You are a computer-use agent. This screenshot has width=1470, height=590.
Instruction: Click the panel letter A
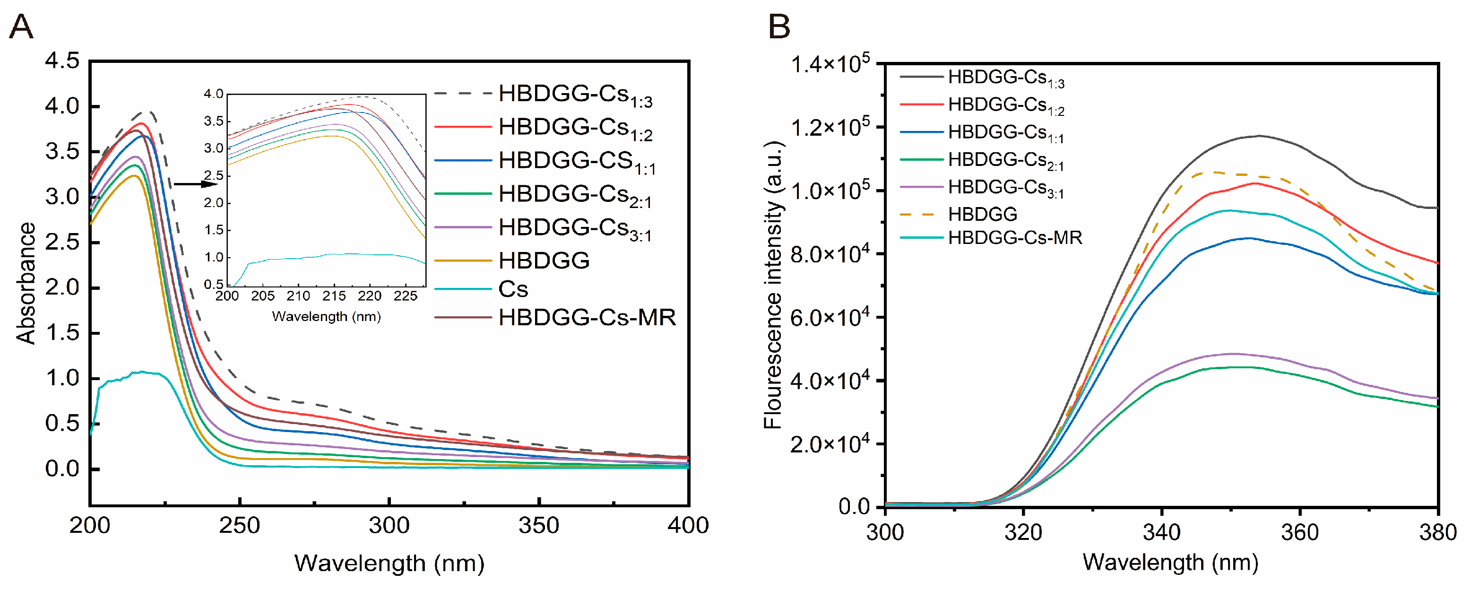pyautogui.click(x=21, y=26)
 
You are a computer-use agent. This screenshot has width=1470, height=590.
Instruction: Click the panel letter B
pyautogui.click(x=779, y=26)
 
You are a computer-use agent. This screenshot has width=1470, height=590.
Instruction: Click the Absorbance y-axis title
pyautogui.click(x=26, y=283)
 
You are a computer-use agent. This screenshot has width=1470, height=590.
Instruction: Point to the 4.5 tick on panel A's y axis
pyautogui.click(x=62, y=61)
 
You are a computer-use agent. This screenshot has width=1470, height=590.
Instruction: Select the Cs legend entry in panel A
pyautogui.click(x=513, y=289)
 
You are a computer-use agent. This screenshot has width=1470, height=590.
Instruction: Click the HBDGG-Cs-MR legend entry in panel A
pyautogui.click(x=587, y=317)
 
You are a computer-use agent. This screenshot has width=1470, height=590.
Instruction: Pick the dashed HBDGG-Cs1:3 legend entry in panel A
pyautogui.click(x=575, y=95)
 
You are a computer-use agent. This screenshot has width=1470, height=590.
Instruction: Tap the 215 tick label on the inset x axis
pyautogui.click(x=334, y=296)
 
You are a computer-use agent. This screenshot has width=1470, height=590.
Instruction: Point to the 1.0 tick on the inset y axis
pyautogui.click(x=214, y=257)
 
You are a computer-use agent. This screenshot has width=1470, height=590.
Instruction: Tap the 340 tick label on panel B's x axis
pyautogui.click(x=1161, y=532)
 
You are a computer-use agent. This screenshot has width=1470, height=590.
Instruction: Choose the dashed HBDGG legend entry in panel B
pyautogui.click(x=982, y=215)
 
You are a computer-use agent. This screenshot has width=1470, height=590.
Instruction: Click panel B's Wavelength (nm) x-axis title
pyautogui.click(x=1170, y=563)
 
